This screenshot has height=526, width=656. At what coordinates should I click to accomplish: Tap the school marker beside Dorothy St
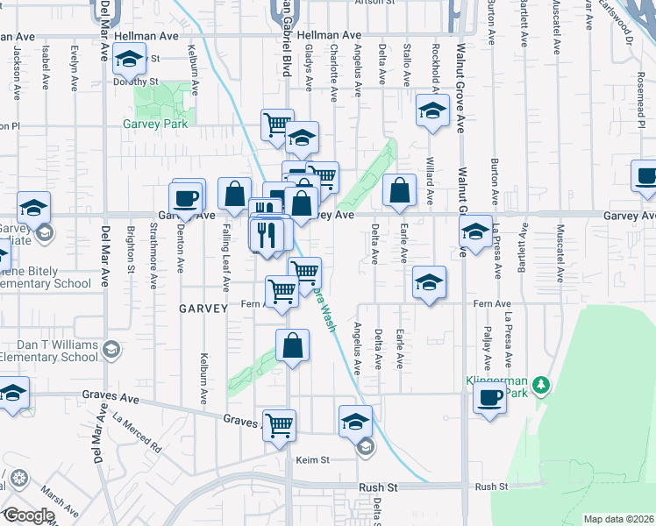(130, 61)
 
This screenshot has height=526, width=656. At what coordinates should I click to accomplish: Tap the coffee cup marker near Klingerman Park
(489, 398)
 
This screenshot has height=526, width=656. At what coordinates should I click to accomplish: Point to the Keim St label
(311, 459)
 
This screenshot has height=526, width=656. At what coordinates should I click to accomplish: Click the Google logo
(29, 515)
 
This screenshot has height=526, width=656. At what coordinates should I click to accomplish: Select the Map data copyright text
(619, 519)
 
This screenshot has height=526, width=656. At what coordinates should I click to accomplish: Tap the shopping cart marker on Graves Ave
(279, 426)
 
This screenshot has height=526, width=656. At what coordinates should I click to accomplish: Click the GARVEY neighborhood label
(203, 309)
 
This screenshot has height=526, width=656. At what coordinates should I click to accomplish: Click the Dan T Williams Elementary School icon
(111, 350)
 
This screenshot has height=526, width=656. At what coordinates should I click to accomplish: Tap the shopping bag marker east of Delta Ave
(399, 191)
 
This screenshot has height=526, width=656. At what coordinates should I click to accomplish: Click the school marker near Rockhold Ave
(432, 111)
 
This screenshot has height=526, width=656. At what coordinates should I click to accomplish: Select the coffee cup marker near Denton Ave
(187, 197)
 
